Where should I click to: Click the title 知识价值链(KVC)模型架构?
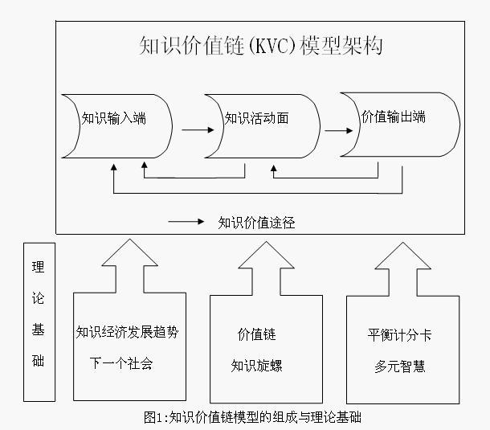click(260, 46)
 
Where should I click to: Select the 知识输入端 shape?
click(113, 118)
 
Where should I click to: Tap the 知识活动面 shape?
click(256, 118)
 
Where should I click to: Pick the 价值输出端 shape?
click(394, 117)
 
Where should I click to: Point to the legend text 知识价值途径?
click(256, 223)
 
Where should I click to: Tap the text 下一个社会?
click(120, 362)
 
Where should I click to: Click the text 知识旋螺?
click(256, 366)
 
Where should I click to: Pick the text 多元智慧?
click(399, 366)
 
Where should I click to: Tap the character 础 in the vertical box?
click(39, 360)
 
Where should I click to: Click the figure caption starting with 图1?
click(252, 417)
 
